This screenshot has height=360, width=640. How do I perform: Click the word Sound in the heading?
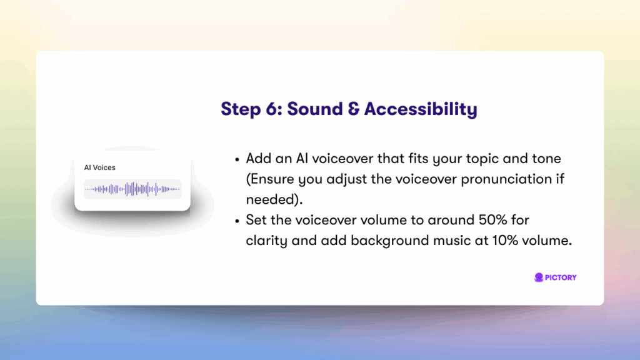(315, 109)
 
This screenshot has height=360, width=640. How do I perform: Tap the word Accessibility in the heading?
(421, 109)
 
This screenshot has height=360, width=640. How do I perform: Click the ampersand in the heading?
(354, 109)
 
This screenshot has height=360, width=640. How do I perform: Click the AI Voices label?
(99, 167)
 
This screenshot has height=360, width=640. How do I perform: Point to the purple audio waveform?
(132, 189)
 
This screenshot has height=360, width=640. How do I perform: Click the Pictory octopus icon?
(539, 277)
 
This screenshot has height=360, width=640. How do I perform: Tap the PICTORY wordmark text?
(561, 277)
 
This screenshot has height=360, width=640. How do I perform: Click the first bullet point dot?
(237, 159)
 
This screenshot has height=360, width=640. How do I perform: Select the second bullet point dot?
(237, 221)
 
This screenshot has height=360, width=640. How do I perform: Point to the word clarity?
(266, 241)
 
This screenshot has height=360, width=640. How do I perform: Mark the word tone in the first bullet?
(546, 159)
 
